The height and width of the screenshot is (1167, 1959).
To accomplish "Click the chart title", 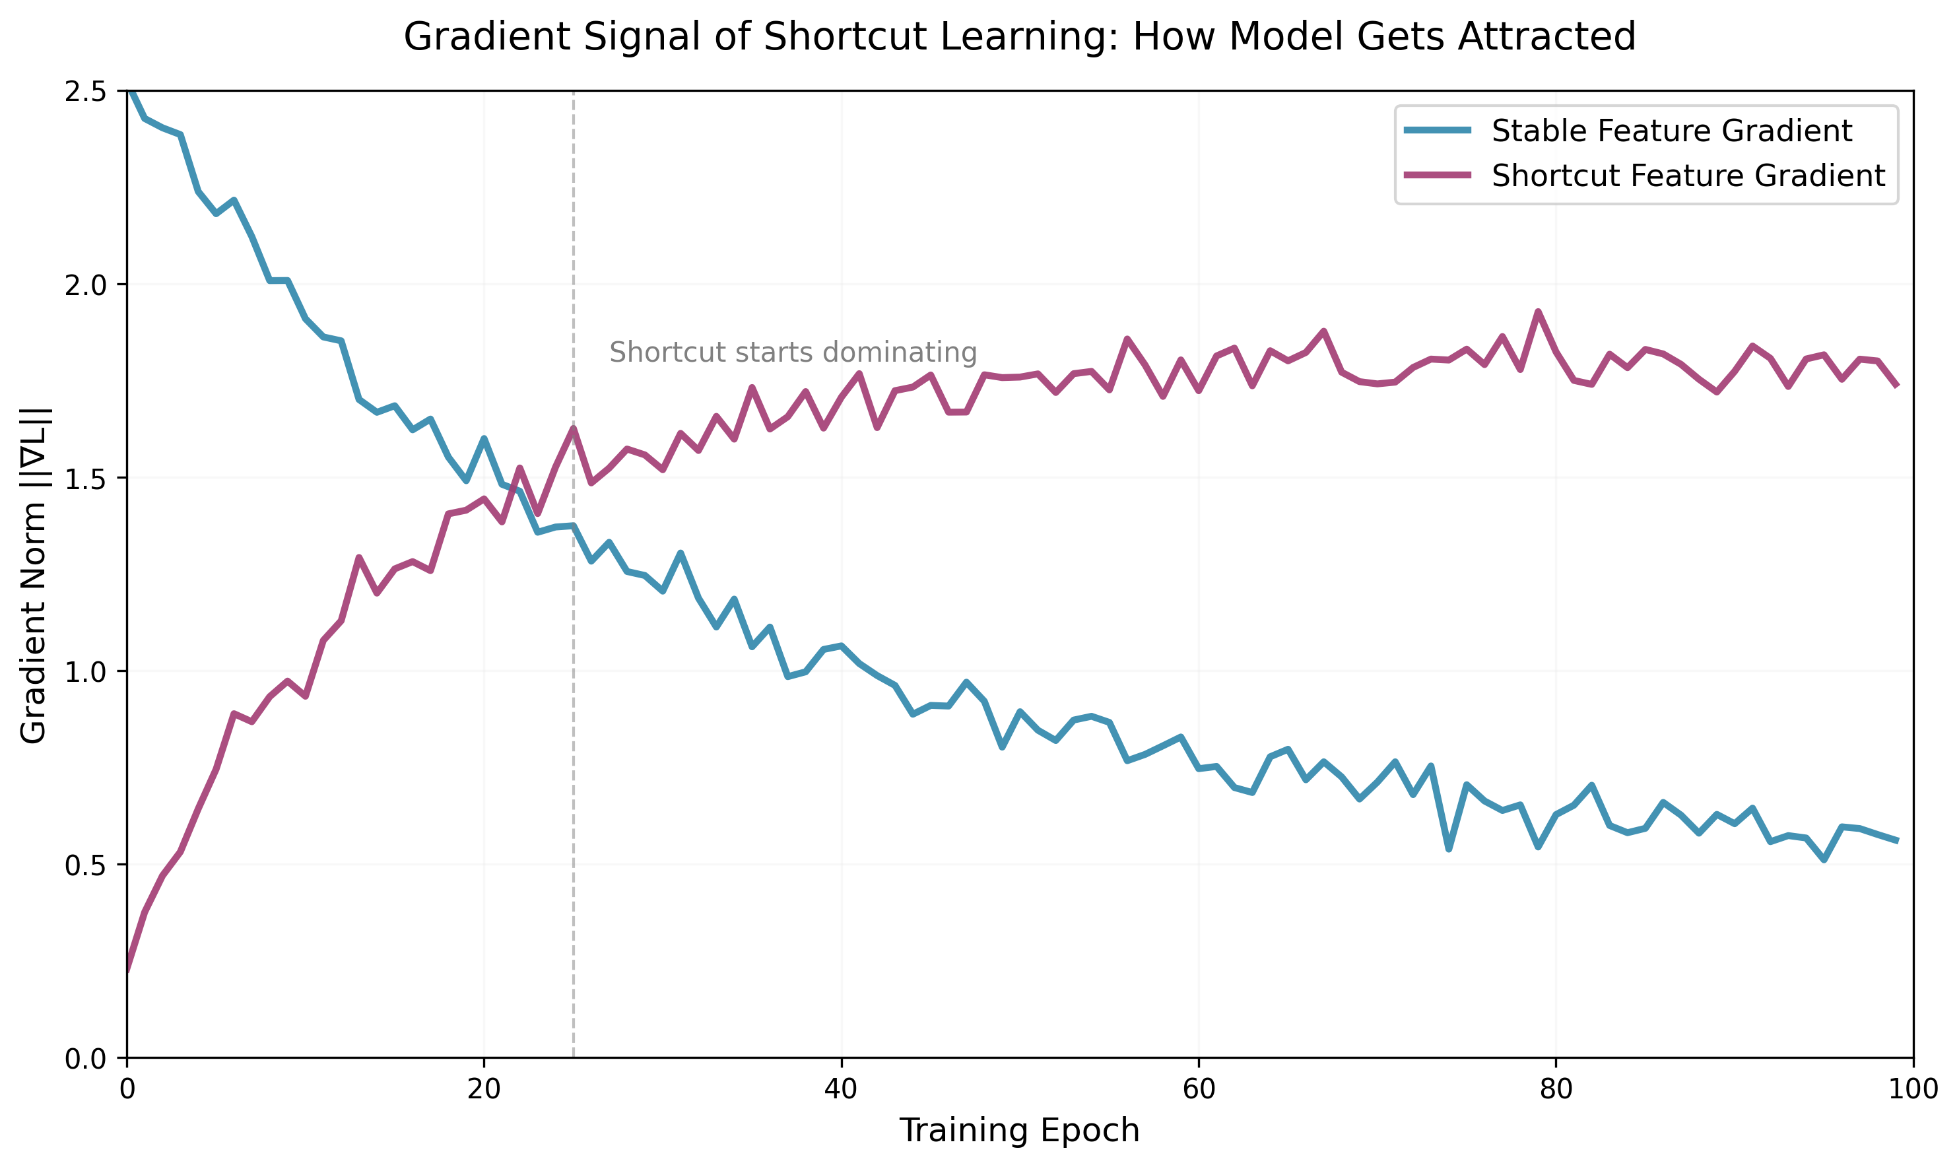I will coord(1020,37).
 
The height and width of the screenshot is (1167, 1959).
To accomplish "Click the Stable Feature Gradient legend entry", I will coord(1671,131).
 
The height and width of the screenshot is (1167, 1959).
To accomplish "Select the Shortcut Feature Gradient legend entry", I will coord(1688,176).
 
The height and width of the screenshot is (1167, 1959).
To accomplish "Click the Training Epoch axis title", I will coord(1020,1131).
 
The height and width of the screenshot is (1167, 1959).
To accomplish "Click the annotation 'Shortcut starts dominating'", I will coord(793,352).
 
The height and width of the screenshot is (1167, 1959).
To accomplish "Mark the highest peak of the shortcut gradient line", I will coord(1539,312).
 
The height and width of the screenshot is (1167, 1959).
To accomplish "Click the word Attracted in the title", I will coord(1546,37).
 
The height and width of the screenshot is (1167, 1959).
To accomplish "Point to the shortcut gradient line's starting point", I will coord(127,970).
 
